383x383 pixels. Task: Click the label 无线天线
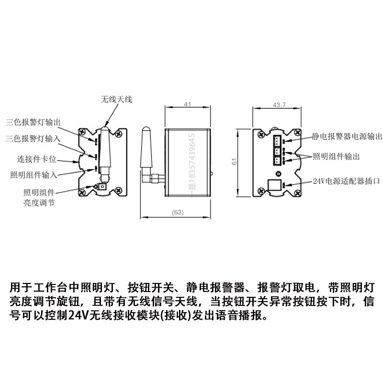click(116, 100)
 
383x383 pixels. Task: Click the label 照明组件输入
click(34, 174)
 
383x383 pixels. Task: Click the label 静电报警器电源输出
click(347, 136)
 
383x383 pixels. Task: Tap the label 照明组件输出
click(336, 157)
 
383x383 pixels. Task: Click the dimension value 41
click(188, 104)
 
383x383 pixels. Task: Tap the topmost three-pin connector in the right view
click(277, 140)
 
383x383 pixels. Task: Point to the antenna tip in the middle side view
click(145, 128)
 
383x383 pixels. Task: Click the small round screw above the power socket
click(277, 173)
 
